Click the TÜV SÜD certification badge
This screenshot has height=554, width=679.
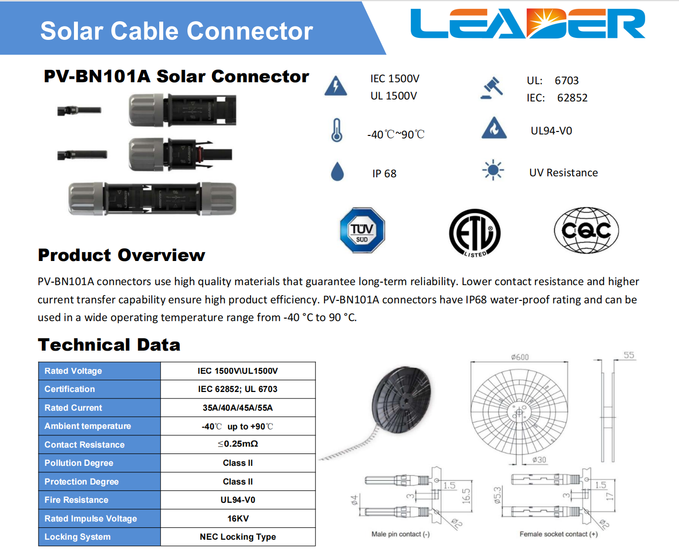(x=362, y=230)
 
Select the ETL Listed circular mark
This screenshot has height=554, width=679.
(x=474, y=233)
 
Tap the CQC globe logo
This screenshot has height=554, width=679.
(x=586, y=230)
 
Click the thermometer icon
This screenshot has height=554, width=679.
(x=337, y=130)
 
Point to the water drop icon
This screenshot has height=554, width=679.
(x=337, y=171)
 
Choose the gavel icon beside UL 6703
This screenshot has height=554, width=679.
(x=492, y=88)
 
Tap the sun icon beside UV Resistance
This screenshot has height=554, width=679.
(x=493, y=170)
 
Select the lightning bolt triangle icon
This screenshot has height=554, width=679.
(x=336, y=86)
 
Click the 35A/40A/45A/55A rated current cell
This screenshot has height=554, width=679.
(x=238, y=408)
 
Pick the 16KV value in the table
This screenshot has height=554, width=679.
(x=238, y=519)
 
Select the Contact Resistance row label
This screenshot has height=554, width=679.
(x=84, y=445)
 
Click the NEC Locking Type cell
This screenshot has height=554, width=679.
(x=238, y=537)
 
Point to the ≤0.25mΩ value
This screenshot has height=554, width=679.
(x=238, y=444)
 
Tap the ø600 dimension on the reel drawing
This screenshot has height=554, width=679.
(x=520, y=357)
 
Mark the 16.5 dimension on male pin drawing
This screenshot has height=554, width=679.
(x=466, y=496)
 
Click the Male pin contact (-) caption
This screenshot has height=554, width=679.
(x=400, y=534)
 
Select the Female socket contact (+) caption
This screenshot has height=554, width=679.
(x=559, y=534)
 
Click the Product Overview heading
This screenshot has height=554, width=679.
(x=121, y=255)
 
